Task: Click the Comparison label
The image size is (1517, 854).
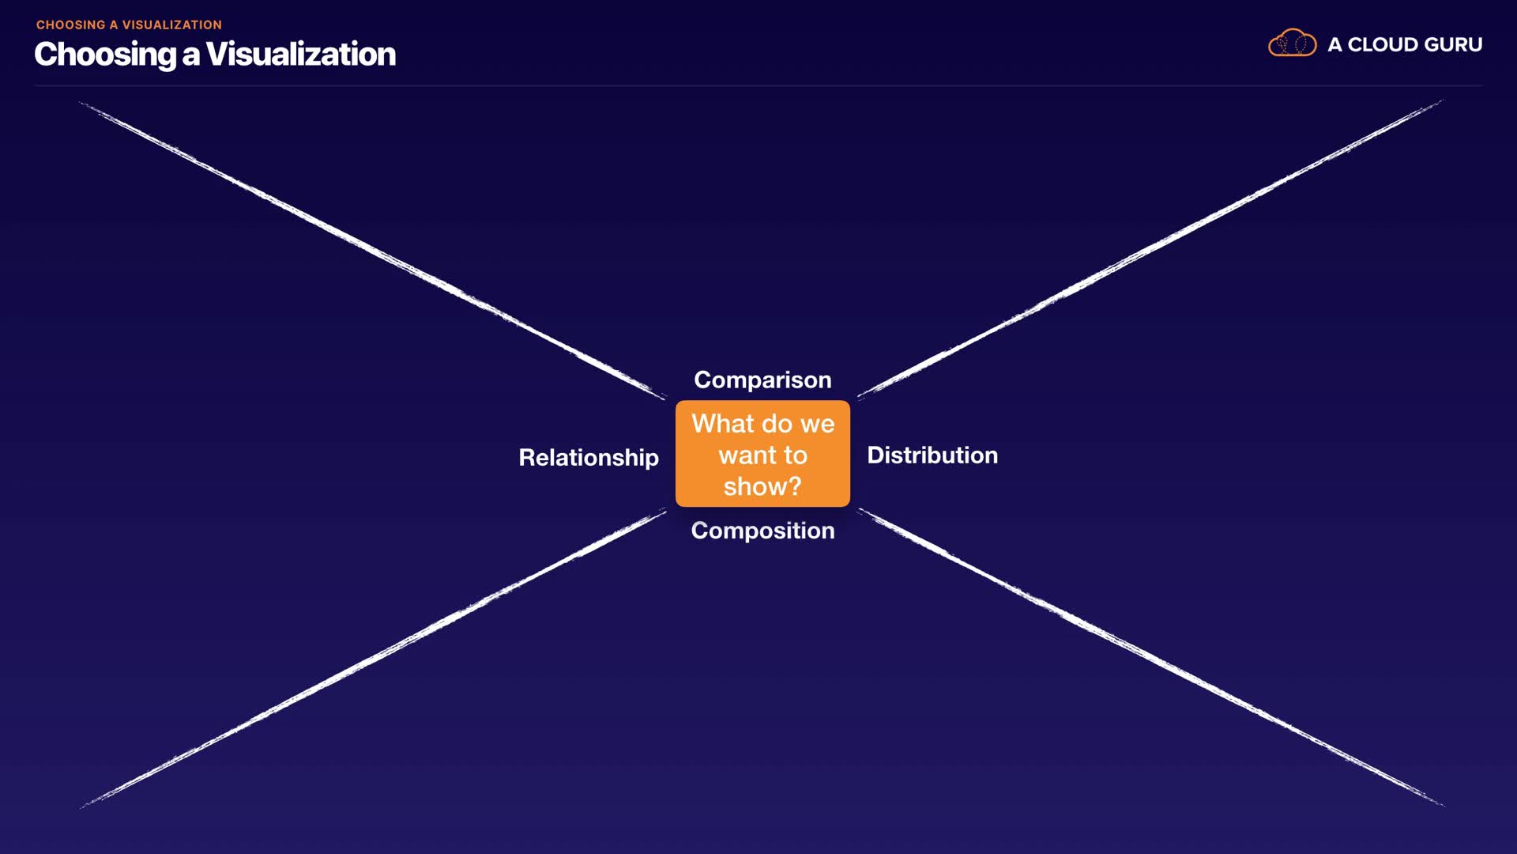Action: (762, 380)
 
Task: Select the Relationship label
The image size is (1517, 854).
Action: (589, 457)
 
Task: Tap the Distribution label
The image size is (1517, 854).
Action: (932, 455)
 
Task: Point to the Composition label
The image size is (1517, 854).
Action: (762, 530)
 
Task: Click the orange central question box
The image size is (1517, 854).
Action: (762, 453)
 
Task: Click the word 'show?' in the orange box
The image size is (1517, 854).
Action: (762, 486)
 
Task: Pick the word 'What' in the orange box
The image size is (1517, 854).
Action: (723, 423)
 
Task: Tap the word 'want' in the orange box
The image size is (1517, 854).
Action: (747, 455)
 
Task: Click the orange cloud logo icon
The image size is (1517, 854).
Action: (1292, 43)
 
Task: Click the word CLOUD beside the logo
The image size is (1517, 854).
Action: (1385, 44)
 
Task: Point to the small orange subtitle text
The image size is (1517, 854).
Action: (129, 25)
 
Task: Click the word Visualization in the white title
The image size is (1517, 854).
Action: (300, 54)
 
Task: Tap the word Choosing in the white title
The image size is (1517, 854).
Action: (105, 54)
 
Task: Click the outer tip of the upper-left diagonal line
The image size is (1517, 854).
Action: (81, 104)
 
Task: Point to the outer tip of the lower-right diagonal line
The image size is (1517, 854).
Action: (1442, 804)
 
